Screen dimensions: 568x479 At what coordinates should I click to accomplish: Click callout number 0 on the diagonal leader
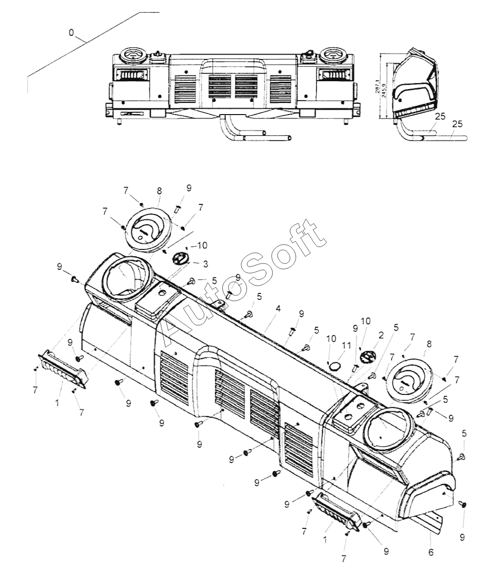(x=72, y=33)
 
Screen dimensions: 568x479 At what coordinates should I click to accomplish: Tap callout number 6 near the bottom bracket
(x=431, y=552)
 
